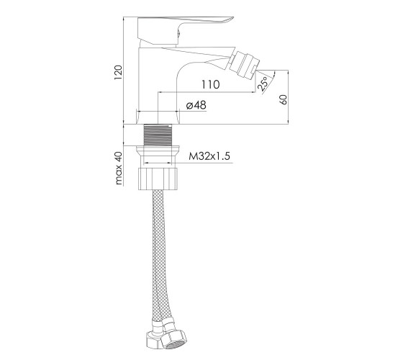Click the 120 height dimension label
tap(118, 73)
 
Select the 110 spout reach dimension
tap(210, 84)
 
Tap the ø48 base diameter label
tap(196, 105)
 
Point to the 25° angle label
tap(263, 84)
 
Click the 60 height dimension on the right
tap(284, 99)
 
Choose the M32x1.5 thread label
tap(209, 156)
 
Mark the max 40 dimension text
tap(119, 168)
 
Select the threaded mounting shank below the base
tap(158, 135)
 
